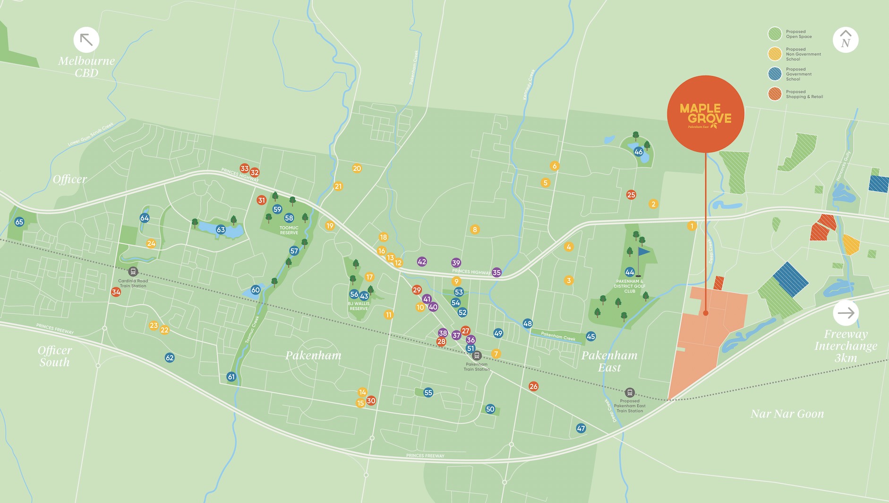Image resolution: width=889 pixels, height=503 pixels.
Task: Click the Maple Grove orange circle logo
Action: point(705,114)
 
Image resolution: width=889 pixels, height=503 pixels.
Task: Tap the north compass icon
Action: point(845,40)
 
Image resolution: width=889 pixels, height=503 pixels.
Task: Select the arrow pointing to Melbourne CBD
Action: point(86,40)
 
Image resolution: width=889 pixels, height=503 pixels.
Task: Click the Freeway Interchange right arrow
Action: point(846,312)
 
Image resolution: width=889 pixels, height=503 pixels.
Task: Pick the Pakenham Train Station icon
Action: point(477,356)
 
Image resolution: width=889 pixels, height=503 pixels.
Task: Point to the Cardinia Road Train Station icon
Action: point(133,272)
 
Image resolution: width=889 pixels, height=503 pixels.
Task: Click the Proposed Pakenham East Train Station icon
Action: point(629,392)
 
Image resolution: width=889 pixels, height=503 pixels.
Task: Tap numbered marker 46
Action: point(639,152)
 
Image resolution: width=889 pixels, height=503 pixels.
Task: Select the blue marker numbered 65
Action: point(19,222)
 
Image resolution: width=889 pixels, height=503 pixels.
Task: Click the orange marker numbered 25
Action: point(631,195)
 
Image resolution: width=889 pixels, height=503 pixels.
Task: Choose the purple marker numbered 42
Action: point(422,261)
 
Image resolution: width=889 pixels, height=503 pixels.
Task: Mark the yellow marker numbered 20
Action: point(357,168)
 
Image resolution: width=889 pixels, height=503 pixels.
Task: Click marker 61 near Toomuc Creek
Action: point(231,377)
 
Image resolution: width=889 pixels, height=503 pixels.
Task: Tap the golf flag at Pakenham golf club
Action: point(642,252)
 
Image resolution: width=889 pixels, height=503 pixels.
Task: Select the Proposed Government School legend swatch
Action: point(775,74)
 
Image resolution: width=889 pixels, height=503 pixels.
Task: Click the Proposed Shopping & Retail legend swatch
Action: point(775,94)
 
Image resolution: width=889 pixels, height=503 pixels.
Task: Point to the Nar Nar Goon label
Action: point(787,414)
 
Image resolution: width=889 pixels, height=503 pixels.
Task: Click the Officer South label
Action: point(54,356)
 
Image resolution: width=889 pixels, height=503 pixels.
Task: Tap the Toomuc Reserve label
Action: point(289,230)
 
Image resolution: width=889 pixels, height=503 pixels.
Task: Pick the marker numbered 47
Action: point(581,428)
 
